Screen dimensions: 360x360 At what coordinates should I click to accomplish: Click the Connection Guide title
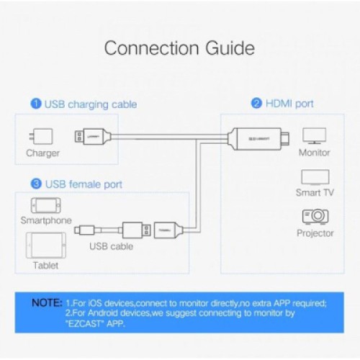point(179,49)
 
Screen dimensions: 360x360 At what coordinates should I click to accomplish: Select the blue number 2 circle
point(256,104)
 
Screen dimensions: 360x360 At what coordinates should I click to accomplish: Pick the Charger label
point(42,153)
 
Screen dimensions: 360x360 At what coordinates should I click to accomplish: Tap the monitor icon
point(314,135)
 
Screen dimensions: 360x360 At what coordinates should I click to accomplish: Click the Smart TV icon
point(314,177)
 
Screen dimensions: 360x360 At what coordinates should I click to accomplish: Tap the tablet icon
point(40,245)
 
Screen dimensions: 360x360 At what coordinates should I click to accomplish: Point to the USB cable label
point(111,246)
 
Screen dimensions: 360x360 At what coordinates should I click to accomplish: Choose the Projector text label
point(315,233)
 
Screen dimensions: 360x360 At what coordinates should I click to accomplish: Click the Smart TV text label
point(314,193)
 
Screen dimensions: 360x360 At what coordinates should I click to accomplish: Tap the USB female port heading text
point(83,184)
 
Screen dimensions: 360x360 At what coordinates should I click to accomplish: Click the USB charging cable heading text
point(91,104)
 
